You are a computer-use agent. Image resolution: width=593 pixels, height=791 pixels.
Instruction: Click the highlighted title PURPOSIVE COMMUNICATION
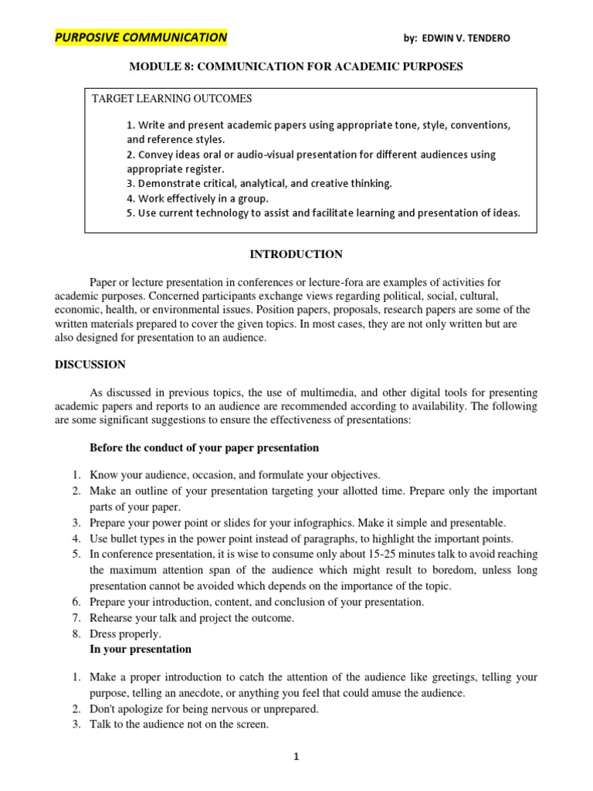click(x=141, y=37)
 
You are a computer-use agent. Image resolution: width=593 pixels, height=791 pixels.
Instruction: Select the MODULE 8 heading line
click(x=296, y=66)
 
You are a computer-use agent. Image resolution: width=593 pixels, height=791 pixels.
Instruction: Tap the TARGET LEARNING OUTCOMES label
click(x=171, y=99)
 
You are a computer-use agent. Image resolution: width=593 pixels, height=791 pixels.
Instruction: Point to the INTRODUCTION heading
click(x=296, y=254)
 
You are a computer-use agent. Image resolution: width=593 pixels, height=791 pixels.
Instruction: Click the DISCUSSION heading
click(x=90, y=365)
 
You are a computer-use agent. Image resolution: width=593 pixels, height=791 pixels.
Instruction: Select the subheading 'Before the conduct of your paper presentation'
click(x=204, y=448)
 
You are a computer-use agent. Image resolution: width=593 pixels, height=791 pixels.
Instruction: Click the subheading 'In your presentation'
click(x=141, y=649)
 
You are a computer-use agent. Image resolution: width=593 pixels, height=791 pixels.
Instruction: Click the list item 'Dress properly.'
click(x=126, y=633)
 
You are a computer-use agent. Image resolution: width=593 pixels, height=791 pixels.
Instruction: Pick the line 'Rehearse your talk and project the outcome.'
click(x=192, y=617)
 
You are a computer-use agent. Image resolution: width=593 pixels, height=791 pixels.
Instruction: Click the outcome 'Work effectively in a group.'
click(x=198, y=198)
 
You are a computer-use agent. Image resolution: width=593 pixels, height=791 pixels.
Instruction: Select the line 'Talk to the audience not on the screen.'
click(x=179, y=724)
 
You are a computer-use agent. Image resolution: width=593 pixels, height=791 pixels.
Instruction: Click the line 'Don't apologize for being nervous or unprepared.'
click(x=204, y=708)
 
